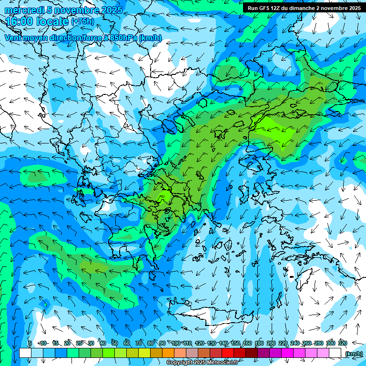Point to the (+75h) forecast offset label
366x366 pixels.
82,21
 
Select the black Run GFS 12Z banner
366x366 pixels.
303,8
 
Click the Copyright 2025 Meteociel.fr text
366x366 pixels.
202,363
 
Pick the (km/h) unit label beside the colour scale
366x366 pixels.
354,353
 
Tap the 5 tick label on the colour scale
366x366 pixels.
30,343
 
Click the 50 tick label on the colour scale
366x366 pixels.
115,343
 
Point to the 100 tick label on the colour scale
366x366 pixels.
176,343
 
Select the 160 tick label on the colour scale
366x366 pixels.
247,343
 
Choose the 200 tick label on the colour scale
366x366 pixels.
271,343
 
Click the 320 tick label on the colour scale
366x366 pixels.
343,343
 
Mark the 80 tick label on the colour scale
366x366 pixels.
151,343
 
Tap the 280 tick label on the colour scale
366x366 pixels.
318,343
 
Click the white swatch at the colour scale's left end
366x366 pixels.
25,353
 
